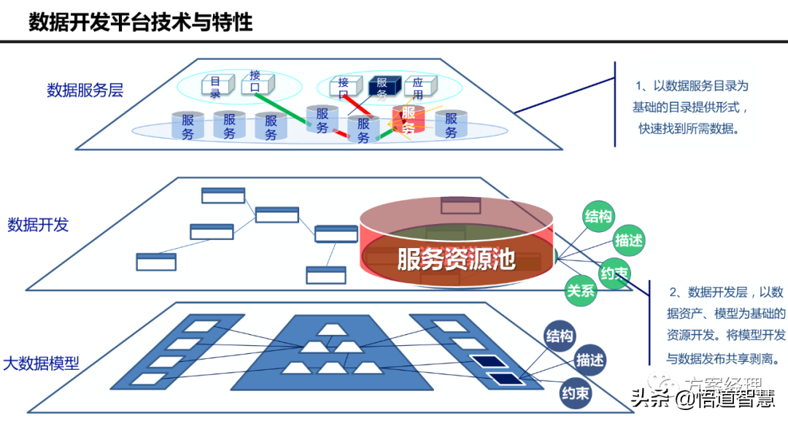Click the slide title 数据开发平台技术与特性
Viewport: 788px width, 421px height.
[x=141, y=21]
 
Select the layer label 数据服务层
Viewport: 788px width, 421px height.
[x=85, y=90]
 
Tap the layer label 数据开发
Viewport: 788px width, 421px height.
[x=38, y=225]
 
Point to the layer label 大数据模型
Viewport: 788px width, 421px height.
[x=42, y=363]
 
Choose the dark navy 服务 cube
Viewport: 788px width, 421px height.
[x=383, y=88]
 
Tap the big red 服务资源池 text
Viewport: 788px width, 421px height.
[x=456, y=259]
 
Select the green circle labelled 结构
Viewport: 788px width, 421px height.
[x=598, y=216]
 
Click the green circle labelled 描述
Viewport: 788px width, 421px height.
[x=629, y=241]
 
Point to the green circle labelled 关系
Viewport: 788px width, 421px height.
[x=581, y=290]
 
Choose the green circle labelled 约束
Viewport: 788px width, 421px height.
[x=614, y=274]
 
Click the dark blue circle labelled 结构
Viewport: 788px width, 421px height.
[x=560, y=336]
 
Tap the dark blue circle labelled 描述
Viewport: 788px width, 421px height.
[x=590, y=360]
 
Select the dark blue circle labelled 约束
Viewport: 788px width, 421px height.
[x=575, y=394]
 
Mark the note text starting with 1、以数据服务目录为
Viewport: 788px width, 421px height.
[x=689, y=107]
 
